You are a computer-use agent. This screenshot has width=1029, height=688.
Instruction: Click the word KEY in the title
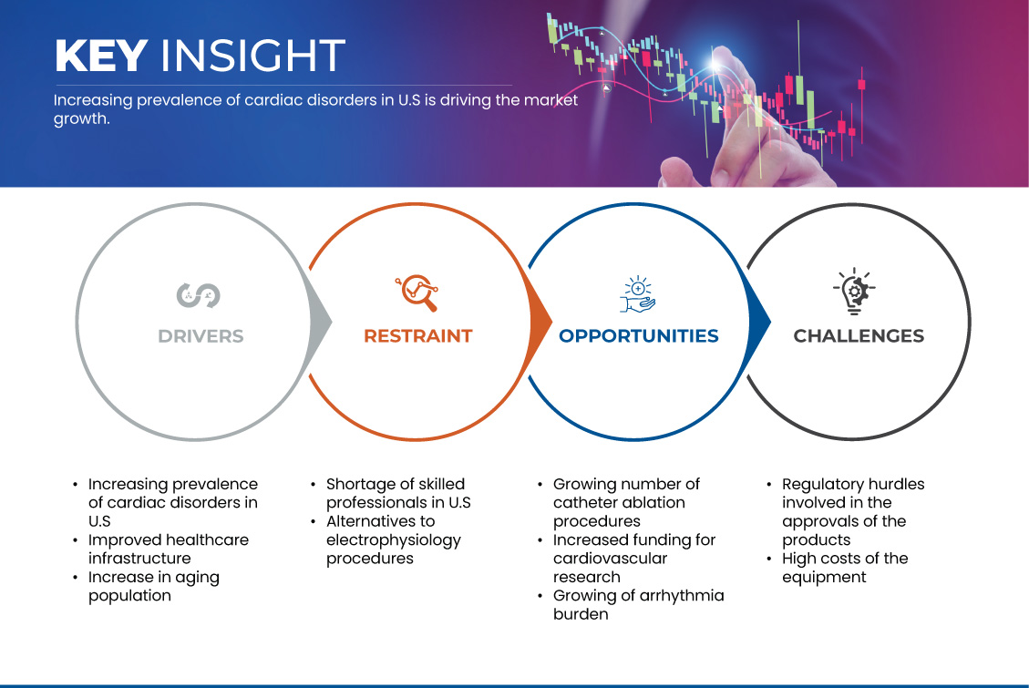coord(100,55)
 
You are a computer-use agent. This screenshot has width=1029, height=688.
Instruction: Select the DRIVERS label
coord(201,336)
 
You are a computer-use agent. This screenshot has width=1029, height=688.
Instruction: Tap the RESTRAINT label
coord(418,336)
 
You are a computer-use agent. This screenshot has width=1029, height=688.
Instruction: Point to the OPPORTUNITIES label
coord(639,336)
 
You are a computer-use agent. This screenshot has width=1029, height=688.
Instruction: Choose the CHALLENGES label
coord(859,336)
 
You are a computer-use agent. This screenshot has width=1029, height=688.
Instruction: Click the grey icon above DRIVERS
coord(198,295)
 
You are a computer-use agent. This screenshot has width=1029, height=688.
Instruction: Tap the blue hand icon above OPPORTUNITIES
coord(638,293)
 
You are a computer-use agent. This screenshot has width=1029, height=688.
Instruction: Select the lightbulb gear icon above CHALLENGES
coord(854,292)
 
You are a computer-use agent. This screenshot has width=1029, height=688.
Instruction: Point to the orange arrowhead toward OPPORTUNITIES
coord(540,322)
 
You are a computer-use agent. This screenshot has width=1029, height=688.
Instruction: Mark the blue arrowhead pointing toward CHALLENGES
coord(759,322)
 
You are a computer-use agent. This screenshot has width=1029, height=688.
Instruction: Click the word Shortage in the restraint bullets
coord(361,485)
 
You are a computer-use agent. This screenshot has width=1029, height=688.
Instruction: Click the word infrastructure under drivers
coord(139,558)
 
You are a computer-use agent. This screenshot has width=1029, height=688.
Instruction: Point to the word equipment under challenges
coord(824,578)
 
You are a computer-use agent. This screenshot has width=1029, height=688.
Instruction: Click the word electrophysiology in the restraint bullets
coord(394,540)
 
